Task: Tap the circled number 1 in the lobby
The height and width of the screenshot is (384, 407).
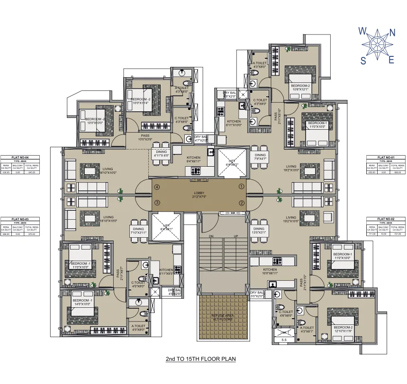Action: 242,187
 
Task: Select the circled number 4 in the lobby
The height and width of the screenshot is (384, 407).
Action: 156,187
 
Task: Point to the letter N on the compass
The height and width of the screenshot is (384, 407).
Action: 392,33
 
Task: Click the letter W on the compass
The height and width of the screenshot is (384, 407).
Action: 362,31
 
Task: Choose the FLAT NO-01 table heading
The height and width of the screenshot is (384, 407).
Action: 385,157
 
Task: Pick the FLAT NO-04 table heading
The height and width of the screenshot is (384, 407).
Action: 20,157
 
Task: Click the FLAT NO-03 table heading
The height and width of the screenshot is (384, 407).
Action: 20,219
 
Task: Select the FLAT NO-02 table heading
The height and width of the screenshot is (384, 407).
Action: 385,219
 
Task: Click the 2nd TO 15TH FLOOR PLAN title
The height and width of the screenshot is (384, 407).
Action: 200,359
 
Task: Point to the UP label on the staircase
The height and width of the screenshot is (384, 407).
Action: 235,236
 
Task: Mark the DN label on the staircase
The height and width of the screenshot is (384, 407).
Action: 211,236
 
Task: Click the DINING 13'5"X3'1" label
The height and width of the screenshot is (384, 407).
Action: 259,231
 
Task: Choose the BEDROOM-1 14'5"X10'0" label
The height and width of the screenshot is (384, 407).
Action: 82,303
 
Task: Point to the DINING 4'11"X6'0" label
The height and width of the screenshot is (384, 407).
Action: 161,153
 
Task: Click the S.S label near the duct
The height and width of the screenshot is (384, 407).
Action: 284,339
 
